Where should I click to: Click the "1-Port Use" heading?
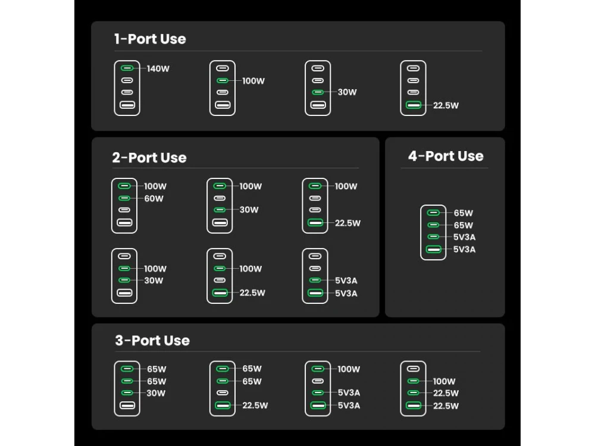(x=150, y=39)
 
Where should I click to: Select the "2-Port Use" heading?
(x=149, y=158)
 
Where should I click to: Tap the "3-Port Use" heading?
(x=152, y=341)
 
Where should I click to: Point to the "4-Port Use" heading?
(x=446, y=156)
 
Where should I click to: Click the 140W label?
(x=158, y=68)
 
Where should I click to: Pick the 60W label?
(x=154, y=199)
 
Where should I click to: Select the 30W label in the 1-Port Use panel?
(x=347, y=92)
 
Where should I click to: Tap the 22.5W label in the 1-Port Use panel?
(x=446, y=105)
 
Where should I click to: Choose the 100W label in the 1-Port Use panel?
(x=253, y=81)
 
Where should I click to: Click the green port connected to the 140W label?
(x=127, y=68)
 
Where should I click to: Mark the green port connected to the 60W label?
(x=124, y=198)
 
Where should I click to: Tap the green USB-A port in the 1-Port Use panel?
(x=414, y=105)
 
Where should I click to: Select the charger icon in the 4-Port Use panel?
(x=433, y=233)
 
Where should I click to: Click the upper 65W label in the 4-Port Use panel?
(x=464, y=213)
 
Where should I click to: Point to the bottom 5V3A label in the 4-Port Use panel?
(x=464, y=249)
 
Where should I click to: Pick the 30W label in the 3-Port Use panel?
(x=156, y=393)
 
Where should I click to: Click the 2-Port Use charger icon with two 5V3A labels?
(x=315, y=276)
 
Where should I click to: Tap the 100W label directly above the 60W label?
(x=155, y=186)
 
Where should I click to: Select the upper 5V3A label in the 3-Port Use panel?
(x=349, y=392)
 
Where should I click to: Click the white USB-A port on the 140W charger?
(x=127, y=105)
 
